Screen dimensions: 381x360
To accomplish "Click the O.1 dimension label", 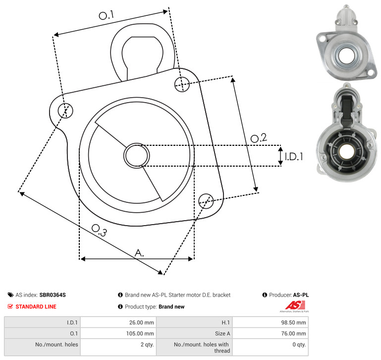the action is click(106, 15).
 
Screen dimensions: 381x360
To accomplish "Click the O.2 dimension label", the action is click(259, 138).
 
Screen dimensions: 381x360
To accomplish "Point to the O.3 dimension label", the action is click(99, 230).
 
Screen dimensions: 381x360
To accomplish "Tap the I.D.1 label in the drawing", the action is click(294, 157).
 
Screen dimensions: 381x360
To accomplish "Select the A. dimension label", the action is click(139, 253).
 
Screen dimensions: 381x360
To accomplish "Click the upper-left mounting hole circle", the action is click(65, 111).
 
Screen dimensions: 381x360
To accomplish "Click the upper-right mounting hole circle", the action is click(182, 84).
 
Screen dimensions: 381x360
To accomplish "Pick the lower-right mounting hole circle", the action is click(206, 201).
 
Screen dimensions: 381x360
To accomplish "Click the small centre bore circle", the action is click(137, 155).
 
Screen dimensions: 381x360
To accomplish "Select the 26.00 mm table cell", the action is click(118, 322).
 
